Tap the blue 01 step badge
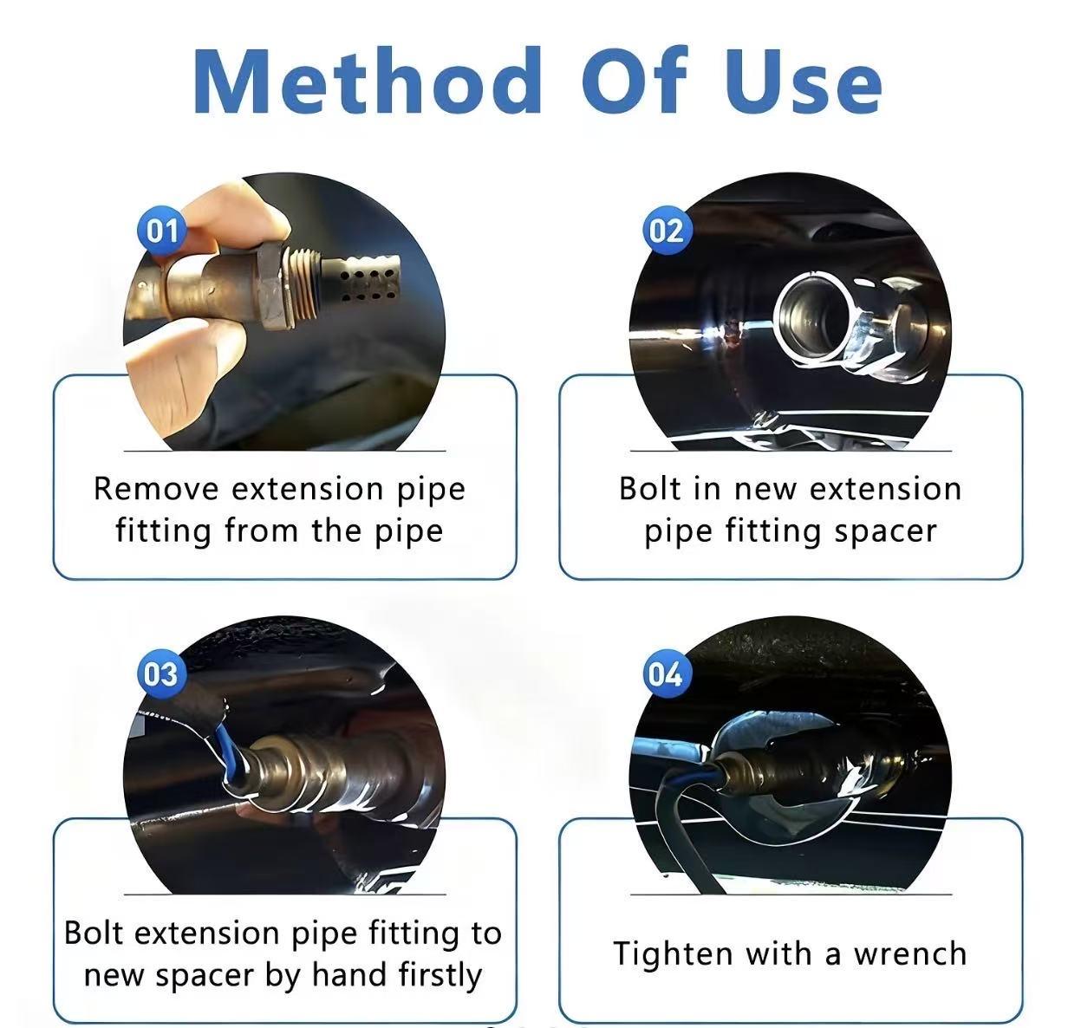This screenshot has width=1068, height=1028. pos(161,231)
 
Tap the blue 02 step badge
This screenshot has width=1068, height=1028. pos(666,231)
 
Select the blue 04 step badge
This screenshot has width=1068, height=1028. pos(665,673)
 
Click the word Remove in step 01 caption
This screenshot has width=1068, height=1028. pos(156,489)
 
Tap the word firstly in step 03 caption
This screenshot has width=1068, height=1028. pos(440,975)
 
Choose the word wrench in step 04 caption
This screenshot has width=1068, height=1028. pos(910,953)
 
